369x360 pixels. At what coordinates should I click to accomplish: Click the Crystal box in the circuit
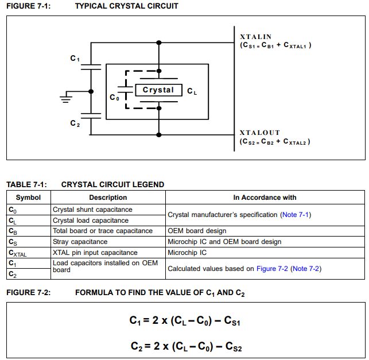(x=158, y=90)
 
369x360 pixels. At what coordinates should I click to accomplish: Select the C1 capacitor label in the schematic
(x=75, y=59)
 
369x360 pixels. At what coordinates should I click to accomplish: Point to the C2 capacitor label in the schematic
(x=75, y=123)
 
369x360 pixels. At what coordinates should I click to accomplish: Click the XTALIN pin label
(x=256, y=37)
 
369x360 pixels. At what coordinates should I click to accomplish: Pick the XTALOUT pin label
(x=259, y=133)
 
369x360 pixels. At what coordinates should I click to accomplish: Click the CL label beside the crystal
(x=192, y=91)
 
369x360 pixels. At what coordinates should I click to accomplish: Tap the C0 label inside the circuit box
(x=115, y=98)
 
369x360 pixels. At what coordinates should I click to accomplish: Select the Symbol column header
(x=28, y=198)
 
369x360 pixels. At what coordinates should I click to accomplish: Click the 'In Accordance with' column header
(x=265, y=198)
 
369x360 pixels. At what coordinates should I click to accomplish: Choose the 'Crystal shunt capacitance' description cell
(x=92, y=210)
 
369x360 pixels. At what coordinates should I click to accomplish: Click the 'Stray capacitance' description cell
(x=80, y=242)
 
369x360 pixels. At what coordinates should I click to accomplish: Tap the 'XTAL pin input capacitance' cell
(x=95, y=252)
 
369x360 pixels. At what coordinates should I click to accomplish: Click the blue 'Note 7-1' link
(x=295, y=215)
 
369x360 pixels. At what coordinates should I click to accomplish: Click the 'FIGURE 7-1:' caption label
(x=29, y=6)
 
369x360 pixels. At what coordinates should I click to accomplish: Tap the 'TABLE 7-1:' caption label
(x=26, y=184)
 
